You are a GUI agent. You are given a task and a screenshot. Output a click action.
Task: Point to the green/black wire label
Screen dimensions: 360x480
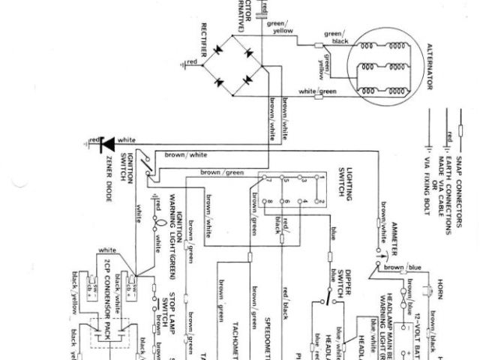click(336, 37)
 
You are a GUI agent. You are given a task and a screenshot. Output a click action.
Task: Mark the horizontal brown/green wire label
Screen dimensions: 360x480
click(222, 172)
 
